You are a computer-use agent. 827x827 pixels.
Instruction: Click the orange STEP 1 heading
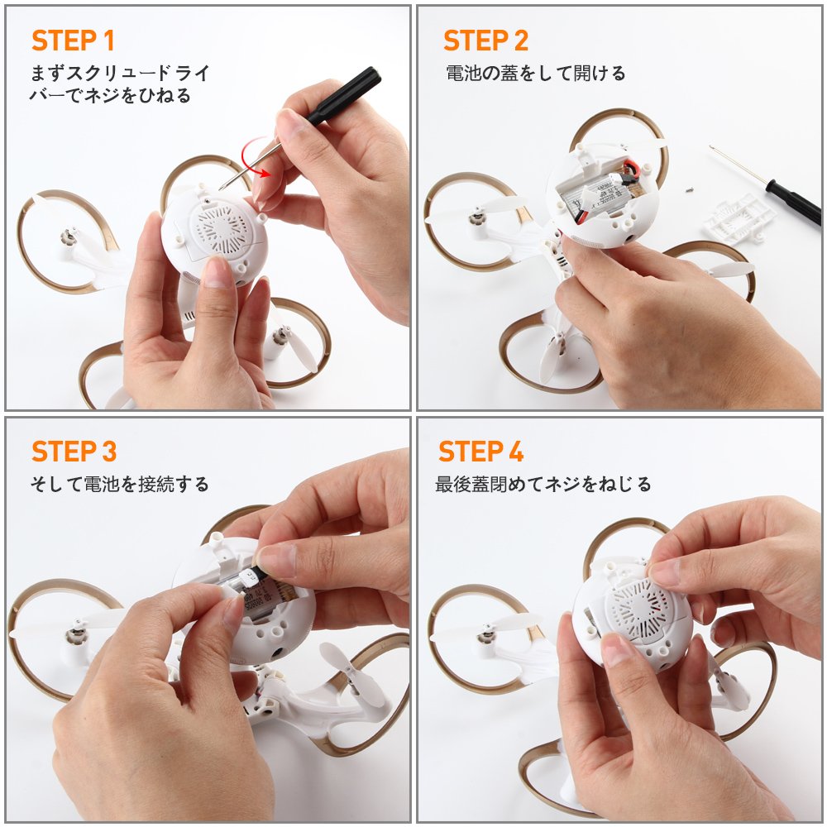click(73, 41)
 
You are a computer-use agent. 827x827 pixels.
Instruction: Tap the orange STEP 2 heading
click(485, 41)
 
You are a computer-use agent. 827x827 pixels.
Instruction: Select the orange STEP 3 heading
click(74, 452)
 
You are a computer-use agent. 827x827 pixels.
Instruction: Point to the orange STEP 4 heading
click(481, 452)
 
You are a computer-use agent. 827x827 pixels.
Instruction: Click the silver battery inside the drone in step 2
click(597, 197)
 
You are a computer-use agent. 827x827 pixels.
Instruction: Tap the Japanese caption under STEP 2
click(535, 73)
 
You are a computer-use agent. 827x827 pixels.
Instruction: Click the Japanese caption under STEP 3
click(120, 484)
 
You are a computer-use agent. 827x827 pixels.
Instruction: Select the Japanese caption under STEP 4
click(543, 484)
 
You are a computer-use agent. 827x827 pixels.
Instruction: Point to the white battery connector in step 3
click(248, 577)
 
